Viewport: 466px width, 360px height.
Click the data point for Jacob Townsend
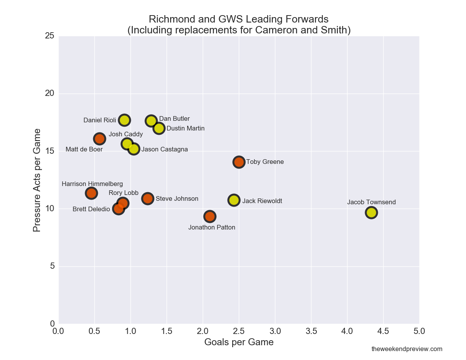pyautogui.click(x=371, y=212)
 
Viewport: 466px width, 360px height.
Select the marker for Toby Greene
pyautogui.click(x=239, y=162)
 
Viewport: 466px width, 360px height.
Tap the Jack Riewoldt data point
pyautogui.click(x=234, y=200)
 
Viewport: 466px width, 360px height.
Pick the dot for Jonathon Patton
pyautogui.click(x=210, y=216)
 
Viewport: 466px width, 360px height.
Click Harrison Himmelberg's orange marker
pyautogui.click(x=91, y=193)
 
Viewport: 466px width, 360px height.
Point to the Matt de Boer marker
pyautogui.click(x=99, y=138)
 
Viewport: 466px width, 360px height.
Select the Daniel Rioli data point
pyautogui.click(x=124, y=120)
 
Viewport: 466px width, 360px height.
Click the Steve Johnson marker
pyautogui.click(x=148, y=198)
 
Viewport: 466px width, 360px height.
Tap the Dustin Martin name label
pyautogui.click(x=185, y=129)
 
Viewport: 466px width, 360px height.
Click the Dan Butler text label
pyautogui.click(x=174, y=119)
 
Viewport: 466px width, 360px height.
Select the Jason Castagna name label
pyautogui.click(x=164, y=150)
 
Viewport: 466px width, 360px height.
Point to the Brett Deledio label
pyautogui.click(x=91, y=209)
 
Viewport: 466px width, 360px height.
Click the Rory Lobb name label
pyautogui.click(x=123, y=193)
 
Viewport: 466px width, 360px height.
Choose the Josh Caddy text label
pyautogui.click(x=126, y=134)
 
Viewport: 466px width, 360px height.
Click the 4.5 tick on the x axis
pyautogui.click(x=383, y=331)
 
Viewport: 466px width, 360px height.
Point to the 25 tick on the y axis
pyautogui.click(x=49, y=36)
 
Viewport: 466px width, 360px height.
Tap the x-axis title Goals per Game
pyautogui.click(x=239, y=342)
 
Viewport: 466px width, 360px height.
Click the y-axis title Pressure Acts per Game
pyautogui.click(x=37, y=180)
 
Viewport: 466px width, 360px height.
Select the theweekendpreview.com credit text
pyautogui.click(x=407, y=349)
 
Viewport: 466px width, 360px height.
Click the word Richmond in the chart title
pyautogui.click(x=168, y=19)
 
